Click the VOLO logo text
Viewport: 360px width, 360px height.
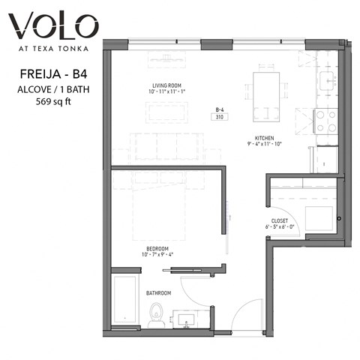pyautogui.click(x=52, y=28)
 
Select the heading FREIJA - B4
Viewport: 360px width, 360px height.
pyautogui.click(x=50, y=75)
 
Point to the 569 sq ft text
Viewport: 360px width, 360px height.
pyautogui.click(x=50, y=102)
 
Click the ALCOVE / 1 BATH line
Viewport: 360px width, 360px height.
pyautogui.click(x=50, y=89)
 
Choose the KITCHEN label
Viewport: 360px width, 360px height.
pyautogui.click(x=264, y=138)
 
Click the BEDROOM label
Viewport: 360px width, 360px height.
pyautogui.click(x=157, y=248)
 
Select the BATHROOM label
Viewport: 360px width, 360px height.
pyautogui.click(x=158, y=292)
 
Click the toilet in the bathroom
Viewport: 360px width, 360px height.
pyautogui.click(x=155, y=316)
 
